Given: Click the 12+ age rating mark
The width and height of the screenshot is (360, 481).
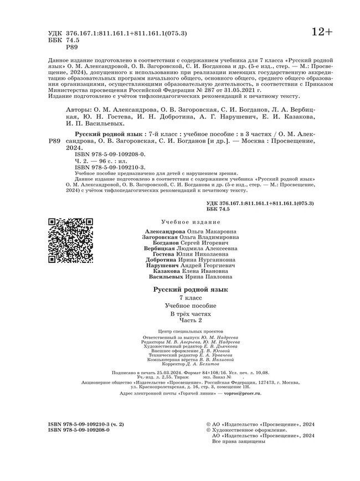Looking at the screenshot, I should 322,32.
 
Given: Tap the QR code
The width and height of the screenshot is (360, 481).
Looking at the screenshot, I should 70,240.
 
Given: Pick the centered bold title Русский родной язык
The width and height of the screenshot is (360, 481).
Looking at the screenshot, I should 190,289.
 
